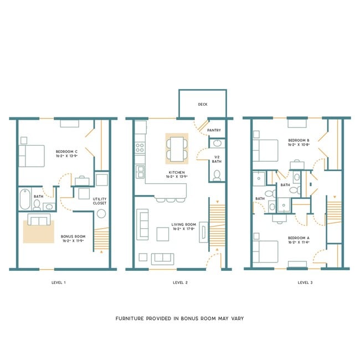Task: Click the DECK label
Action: click(202, 104)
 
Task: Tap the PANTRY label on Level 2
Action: click(214, 131)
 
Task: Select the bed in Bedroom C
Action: click(32, 155)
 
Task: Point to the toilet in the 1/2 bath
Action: click(217, 176)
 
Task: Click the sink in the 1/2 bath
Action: click(217, 143)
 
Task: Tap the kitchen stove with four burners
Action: click(140, 148)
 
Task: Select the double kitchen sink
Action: click(140, 169)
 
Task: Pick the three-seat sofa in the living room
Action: click(143, 224)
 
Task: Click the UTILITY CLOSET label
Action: click(99, 200)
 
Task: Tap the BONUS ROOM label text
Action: click(73, 236)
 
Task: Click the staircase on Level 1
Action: click(101, 239)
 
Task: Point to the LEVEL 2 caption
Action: click(180, 282)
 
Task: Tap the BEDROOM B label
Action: click(299, 141)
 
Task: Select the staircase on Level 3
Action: click(333, 218)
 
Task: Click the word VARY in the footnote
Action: click(235, 318)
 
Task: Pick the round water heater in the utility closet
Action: click(84, 193)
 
